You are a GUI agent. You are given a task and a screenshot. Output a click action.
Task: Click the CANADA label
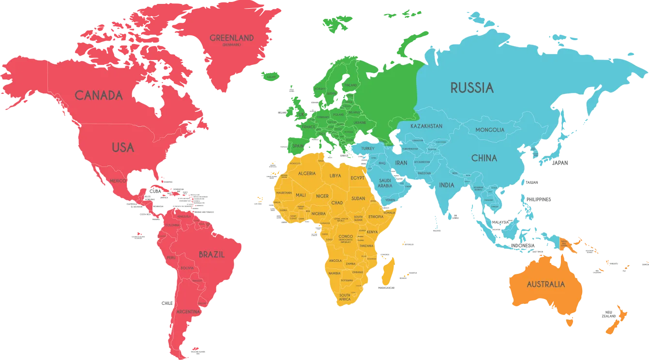[x=99, y=95]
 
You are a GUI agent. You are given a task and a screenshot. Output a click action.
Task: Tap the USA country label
[x=123, y=147]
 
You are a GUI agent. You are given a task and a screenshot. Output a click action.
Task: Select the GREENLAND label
[x=231, y=38]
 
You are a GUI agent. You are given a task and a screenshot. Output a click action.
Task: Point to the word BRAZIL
[x=211, y=254]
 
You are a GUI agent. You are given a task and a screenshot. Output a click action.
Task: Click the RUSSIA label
[x=472, y=88]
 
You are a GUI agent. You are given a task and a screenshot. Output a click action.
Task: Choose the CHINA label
[x=484, y=158]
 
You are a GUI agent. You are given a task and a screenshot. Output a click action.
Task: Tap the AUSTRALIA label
[x=545, y=284]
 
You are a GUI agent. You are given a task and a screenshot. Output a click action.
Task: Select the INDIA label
[x=447, y=185]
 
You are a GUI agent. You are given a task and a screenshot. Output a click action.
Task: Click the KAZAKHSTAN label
[x=426, y=126]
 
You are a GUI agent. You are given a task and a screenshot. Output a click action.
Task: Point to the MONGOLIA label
[x=490, y=130]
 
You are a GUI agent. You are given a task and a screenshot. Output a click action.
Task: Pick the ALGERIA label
[x=307, y=173]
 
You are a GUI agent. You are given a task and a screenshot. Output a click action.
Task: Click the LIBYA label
[x=335, y=176]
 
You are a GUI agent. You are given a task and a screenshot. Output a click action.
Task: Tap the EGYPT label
[x=357, y=178]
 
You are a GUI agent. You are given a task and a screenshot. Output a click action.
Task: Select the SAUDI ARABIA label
[x=385, y=183]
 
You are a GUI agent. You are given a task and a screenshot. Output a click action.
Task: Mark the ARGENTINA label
[x=188, y=312]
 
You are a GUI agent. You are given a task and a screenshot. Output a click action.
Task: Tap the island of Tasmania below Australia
[x=570, y=321]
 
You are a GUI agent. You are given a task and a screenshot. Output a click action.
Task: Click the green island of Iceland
[x=271, y=76]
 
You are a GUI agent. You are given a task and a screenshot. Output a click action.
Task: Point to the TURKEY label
[x=367, y=148]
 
